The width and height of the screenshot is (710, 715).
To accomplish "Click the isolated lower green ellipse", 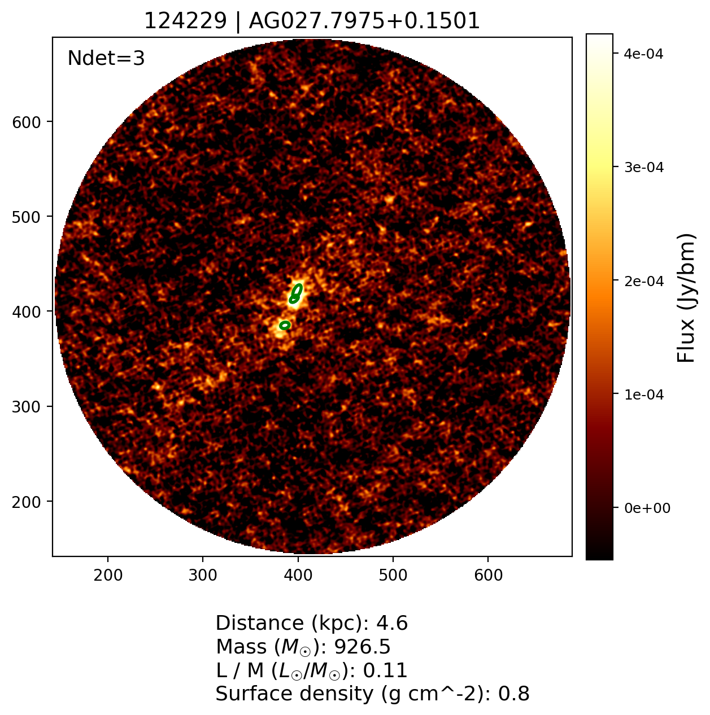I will (x=285, y=325).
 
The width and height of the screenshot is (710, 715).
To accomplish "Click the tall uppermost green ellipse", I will (x=298, y=289).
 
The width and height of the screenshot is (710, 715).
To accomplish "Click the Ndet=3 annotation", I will (x=106, y=58).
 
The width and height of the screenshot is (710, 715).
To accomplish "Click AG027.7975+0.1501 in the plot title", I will (x=364, y=21).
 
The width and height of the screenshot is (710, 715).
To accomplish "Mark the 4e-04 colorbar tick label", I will (x=643, y=54).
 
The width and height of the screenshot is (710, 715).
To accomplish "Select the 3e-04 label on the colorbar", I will (x=643, y=168).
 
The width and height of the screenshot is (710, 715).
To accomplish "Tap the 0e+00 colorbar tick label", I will (x=647, y=508).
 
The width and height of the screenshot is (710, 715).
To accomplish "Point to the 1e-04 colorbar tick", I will (x=643, y=394).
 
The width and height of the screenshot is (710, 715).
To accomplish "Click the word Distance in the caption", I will (x=251, y=624).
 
